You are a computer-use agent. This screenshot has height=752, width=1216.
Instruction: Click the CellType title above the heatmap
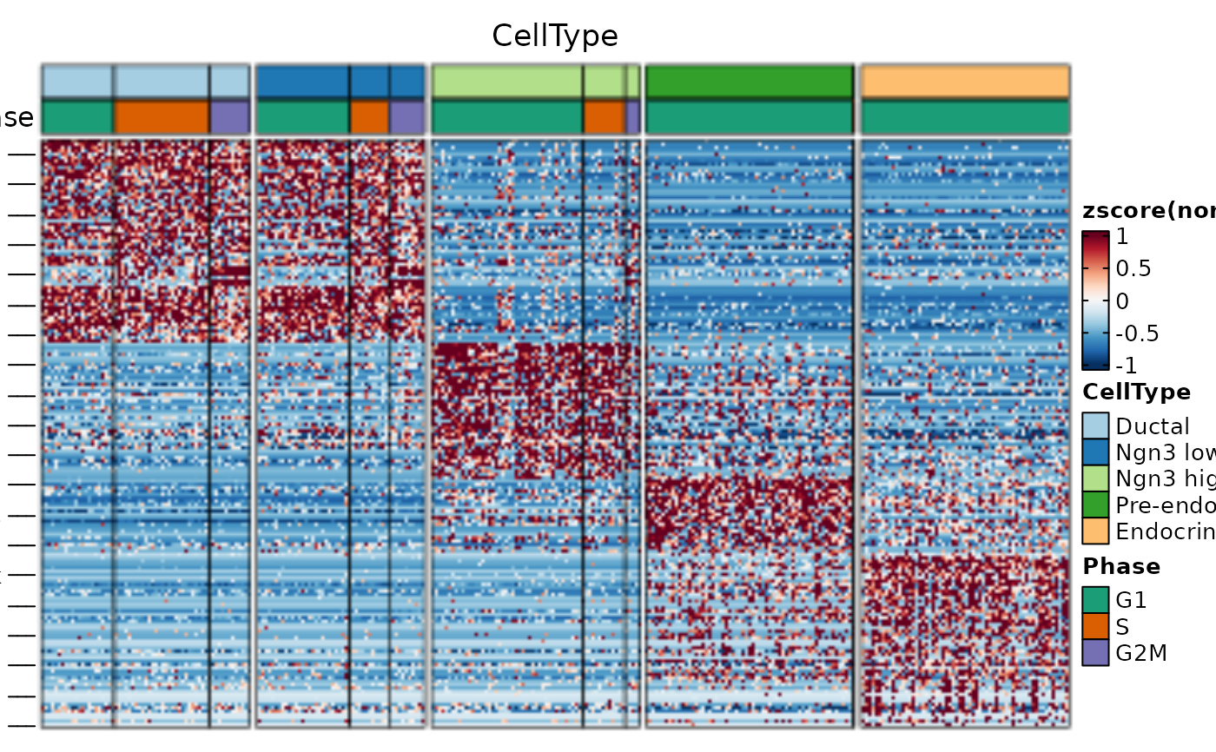[x=555, y=36]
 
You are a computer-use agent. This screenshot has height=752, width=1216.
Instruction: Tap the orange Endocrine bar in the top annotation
[x=965, y=82]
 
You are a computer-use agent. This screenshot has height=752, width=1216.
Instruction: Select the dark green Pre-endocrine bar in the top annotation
[x=750, y=82]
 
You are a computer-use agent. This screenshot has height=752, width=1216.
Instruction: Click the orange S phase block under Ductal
[x=162, y=117]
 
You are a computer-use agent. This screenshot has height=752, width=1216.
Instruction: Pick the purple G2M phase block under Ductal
[x=229, y=117]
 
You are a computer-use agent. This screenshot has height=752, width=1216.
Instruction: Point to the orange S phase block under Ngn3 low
[x=369, y=117]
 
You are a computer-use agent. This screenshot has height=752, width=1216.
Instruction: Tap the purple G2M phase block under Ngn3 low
[x=406, y=117]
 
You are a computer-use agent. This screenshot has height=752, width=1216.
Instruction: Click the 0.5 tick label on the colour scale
[x=1133, y=268]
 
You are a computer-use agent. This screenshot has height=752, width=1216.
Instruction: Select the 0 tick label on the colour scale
[x=1123, y=301]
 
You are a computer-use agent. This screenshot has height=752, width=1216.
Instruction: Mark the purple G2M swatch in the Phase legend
[x=1095, y=652]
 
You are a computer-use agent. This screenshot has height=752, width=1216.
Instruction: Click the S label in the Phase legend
[x=1123, y=626]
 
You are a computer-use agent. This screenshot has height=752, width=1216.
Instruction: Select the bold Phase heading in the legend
[x=1121, y=566]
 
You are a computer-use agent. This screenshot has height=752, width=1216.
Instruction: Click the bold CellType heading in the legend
[x=1136, y=392]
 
